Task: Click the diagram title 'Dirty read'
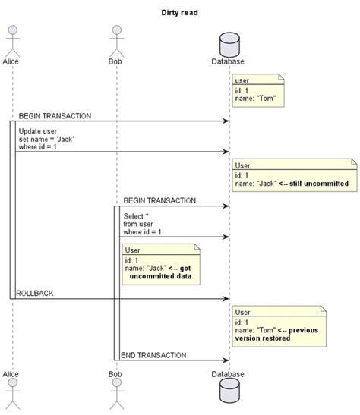click(180, 11)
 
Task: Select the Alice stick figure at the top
click(11, 38)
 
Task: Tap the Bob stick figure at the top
click(116, 38)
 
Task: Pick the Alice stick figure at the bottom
click(11, 396)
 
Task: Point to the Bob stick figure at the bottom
click(116, 396)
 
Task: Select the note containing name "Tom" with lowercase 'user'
click(258, 90)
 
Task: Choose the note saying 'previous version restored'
click(279, 326)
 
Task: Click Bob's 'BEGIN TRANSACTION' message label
click(159, 201)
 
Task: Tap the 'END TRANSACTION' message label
click(153, 355)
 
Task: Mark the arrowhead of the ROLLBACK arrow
click(226, 298)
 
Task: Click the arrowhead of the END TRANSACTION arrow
click(226, 360)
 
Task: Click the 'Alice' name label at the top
click(11, 60)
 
